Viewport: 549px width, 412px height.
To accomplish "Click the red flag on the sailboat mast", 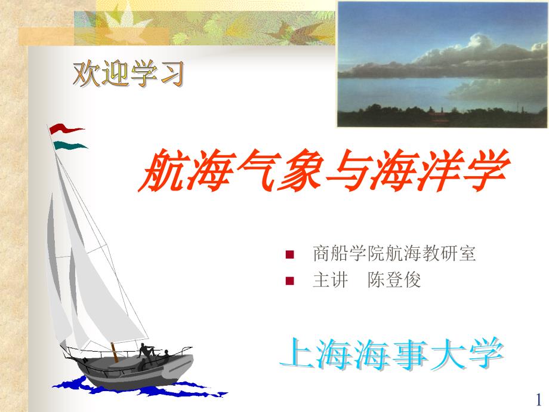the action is tap(65, 130).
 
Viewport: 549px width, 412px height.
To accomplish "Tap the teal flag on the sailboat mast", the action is tap(69, 145).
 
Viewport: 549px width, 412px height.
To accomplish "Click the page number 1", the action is tap(538, 399).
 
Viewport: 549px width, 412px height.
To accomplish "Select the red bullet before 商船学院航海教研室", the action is tap(289, 254).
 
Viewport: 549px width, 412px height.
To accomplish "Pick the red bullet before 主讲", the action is tap(289, 281).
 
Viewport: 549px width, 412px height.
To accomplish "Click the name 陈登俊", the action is tap(394, 280).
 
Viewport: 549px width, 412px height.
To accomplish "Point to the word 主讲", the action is tap(330, 280).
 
